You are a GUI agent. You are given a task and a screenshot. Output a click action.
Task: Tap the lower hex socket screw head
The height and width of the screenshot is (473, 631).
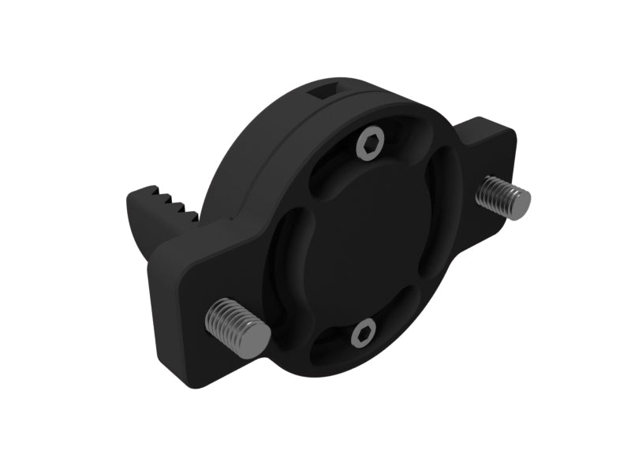tap(361, 333)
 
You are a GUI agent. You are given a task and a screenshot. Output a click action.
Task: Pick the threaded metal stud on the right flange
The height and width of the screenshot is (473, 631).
tap(502, 197)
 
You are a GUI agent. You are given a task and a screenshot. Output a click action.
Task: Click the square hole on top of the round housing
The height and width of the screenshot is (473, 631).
tap(323, 94)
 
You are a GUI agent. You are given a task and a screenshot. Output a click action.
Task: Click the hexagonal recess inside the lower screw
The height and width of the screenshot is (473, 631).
tap(362, 334)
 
